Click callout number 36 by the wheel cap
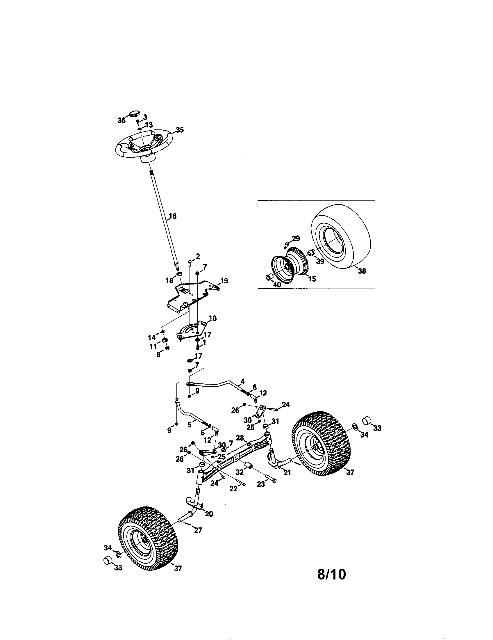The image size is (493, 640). (122, 120)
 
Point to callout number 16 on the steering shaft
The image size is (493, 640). (173, 216)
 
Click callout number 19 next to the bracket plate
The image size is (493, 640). (224, 281)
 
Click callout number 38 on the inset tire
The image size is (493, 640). (362, 271)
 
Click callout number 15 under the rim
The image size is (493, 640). (312, 279)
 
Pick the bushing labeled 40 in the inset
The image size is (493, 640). (269, 277)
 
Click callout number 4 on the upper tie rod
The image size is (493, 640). (242, 382)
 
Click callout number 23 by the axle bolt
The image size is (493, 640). (260, 484)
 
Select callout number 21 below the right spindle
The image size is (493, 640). (287, 472)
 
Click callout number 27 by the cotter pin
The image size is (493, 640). (198, 530)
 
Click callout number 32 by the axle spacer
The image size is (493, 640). (240, 472)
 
